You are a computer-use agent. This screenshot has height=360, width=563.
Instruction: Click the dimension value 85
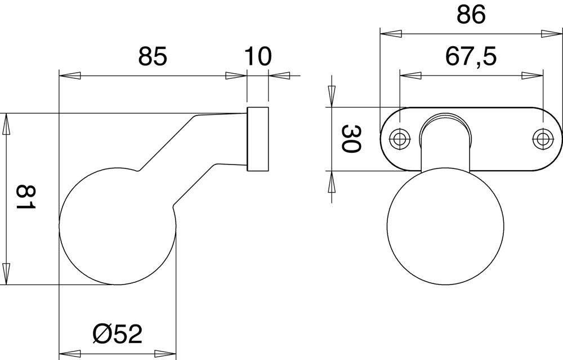point(153,56)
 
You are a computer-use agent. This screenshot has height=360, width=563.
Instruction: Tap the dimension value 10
point(257,56)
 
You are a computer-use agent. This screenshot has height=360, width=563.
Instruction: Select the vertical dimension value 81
point(26,198)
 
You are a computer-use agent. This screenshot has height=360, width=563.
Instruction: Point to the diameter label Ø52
point(118,334)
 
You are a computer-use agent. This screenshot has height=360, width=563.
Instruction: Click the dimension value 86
point(471,15)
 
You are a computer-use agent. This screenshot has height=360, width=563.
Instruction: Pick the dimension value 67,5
point(471,56)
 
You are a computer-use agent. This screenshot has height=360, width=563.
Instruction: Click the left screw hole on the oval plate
point(399,139)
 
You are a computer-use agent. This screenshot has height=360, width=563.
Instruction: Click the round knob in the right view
point(445,225)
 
